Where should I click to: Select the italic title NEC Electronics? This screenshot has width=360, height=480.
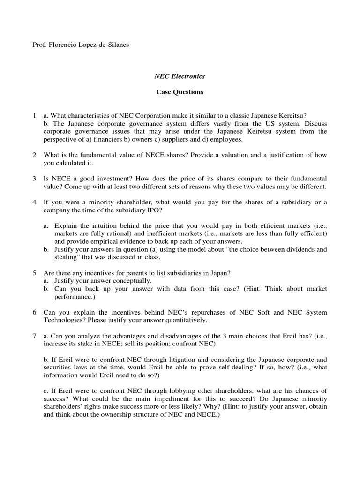pos(180,76)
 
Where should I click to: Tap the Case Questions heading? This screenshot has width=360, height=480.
pos(180,92)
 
